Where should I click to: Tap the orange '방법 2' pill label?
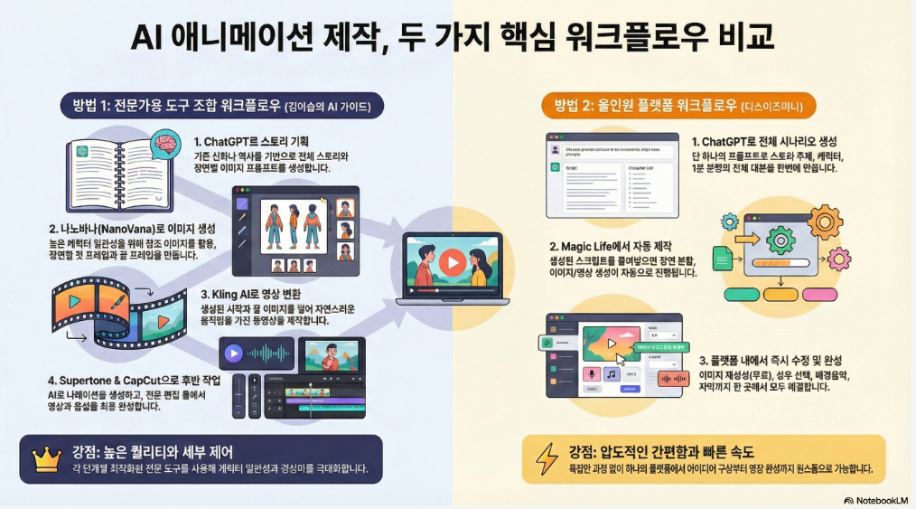(678, 106)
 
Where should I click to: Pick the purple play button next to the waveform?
(234, 353)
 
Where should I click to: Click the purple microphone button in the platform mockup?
(593, 373)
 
